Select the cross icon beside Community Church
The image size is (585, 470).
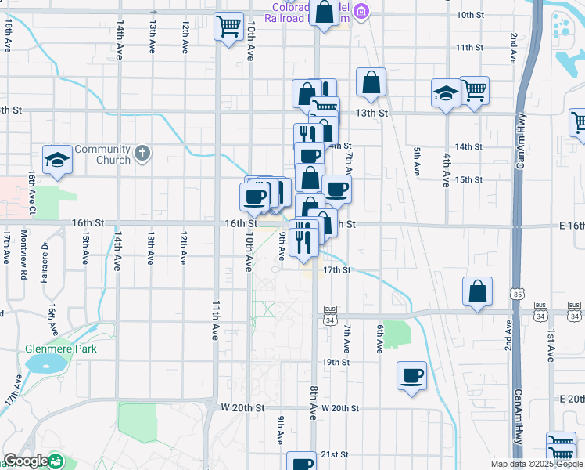click(142, 153)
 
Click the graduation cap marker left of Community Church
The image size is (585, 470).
click(58, 160)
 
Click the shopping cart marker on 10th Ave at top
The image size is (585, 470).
click(229, 27)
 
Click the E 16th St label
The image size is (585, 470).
click(572, 226)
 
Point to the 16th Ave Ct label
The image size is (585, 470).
click(33, 193)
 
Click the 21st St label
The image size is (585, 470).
click(334, 454)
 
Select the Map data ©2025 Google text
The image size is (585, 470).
click(536, 465)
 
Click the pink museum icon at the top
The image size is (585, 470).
click(361, 11)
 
